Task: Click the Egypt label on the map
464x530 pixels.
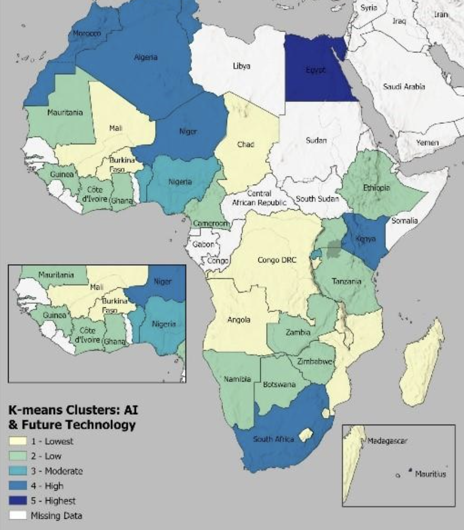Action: tap(315, 70)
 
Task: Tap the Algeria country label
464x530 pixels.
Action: tap(145, 57)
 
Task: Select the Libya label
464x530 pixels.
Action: tap(241, 66)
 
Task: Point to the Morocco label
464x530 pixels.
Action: tap(87, 34)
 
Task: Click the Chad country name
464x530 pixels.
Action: tap(245, 145)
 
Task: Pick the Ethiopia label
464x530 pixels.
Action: tap(376, 188)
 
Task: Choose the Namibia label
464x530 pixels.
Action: tap(237, 379)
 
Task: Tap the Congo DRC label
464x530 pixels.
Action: tap(276, 260)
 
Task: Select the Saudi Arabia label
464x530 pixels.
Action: tap(404, 86)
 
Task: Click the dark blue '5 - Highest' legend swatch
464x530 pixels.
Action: tap(20, 501)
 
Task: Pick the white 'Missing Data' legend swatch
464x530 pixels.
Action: tap(20, 516)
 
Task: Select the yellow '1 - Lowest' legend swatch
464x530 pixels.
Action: tap(20, 441)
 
